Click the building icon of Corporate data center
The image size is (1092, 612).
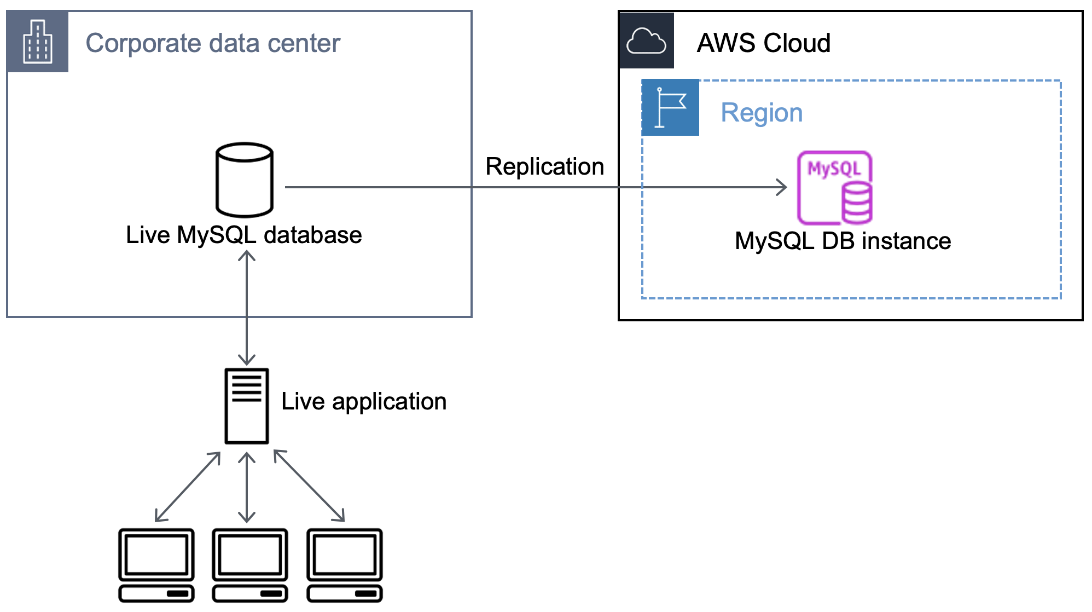[37, 42]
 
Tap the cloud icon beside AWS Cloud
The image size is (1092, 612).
[646, 41]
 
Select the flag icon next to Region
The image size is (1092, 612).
[670, 107]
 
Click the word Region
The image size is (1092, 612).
[762, 113]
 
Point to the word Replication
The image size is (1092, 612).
[544, 166]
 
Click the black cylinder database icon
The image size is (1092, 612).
[245, 180]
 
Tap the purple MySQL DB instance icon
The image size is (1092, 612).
[835, 188]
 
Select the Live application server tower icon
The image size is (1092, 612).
[247, 406]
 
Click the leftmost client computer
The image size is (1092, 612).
[156, 564]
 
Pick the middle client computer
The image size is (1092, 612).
[250, 564]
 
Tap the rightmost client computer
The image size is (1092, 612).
[345, 564]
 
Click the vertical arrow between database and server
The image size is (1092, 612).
[247, 308]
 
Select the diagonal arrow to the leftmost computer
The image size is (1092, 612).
[188, 487]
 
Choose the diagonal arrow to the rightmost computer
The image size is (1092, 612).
[309, 486]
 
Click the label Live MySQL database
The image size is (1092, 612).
[243, 235]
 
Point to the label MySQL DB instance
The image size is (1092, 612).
[843, 241]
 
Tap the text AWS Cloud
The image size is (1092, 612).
[763, 43]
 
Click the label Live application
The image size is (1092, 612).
[364, 402]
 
